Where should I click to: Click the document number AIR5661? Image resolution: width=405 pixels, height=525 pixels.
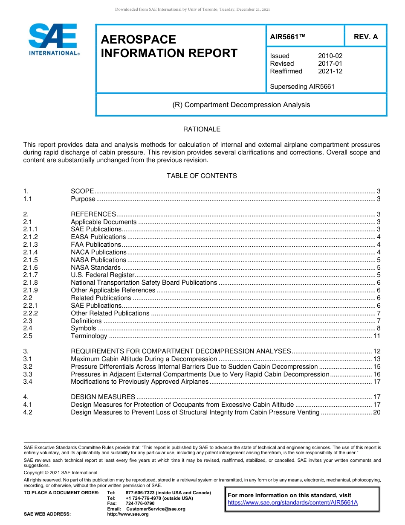[288, 37]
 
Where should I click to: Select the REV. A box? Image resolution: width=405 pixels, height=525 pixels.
[365, 37]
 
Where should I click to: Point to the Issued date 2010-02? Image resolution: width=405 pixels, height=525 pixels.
[330, 56]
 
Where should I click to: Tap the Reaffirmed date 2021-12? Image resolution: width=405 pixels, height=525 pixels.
[330, 71]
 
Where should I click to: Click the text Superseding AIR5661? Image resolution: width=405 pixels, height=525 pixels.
[302, 87]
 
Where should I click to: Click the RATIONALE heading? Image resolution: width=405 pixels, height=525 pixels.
[202, 129]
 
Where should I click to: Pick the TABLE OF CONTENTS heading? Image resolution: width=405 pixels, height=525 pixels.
[202, 176]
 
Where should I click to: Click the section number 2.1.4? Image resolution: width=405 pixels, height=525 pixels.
[30, 252]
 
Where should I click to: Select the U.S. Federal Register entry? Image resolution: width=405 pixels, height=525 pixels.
[102, 275]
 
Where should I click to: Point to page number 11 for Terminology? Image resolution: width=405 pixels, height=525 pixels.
[377, 336]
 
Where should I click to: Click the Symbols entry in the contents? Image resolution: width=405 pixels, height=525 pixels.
[83, 328]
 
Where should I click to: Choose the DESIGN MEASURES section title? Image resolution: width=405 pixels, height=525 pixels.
[103, 397]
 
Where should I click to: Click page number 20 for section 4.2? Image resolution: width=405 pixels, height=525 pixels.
[377, 412]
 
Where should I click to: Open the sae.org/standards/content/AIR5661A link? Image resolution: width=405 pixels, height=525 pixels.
[292, 503]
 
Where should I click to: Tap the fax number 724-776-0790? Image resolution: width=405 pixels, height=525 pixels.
[140, 504]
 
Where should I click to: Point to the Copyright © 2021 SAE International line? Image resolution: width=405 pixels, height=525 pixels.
[61, 472]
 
